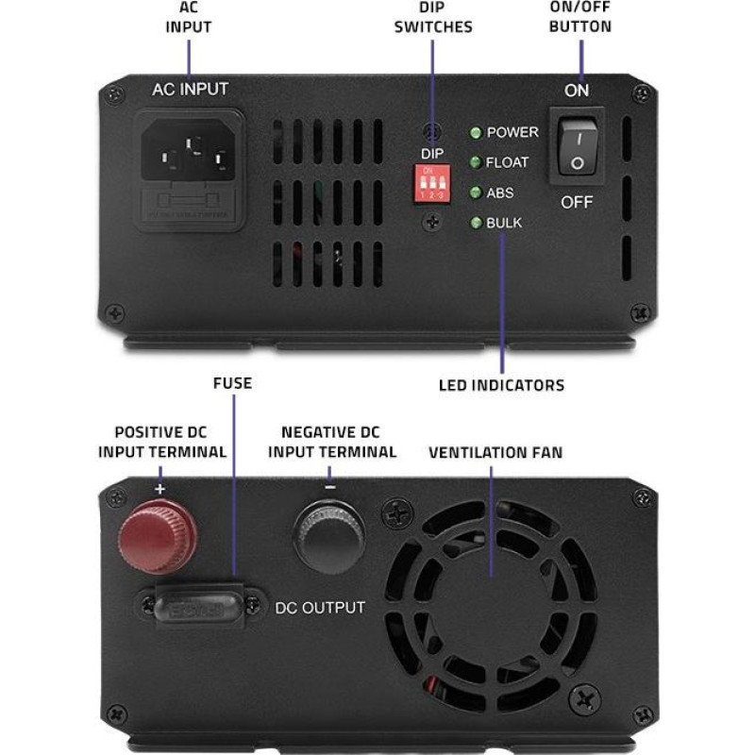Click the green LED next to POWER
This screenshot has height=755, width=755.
click(x=477, y=133)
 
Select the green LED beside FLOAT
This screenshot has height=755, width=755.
click(x=477, y=162)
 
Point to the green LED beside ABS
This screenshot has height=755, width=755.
click(x=477, y=193)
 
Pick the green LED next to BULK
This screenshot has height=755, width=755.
click(x=477, y=223)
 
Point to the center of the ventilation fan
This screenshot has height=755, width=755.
click(x=491, y=577)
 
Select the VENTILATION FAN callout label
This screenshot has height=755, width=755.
click(x=495, y=453)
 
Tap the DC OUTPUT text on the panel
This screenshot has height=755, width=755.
click(x=320, y=607)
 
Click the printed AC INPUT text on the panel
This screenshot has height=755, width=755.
click(x=190, y=91)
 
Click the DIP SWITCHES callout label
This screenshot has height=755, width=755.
click(x=432, y=18)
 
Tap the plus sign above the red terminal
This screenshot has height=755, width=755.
click(x=159, y=490)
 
